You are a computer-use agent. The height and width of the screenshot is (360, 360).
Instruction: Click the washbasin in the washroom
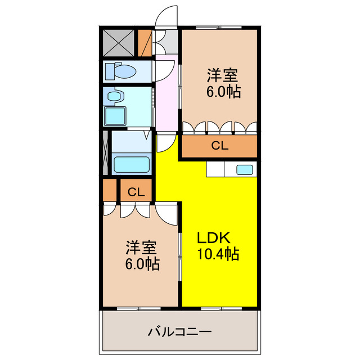(x=116, y=97)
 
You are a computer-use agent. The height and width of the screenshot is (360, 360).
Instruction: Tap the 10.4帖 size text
(x=218, y=254)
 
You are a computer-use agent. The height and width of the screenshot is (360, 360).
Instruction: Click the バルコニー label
(x=179, y=331)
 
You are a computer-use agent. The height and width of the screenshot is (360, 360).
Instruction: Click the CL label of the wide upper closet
(x=219, y=146)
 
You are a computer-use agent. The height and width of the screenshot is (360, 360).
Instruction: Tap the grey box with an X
(x=119, y=43)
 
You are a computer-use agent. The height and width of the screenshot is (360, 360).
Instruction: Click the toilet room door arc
(x=163, y=70)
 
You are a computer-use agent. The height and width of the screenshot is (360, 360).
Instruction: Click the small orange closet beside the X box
(x=145, y=43)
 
